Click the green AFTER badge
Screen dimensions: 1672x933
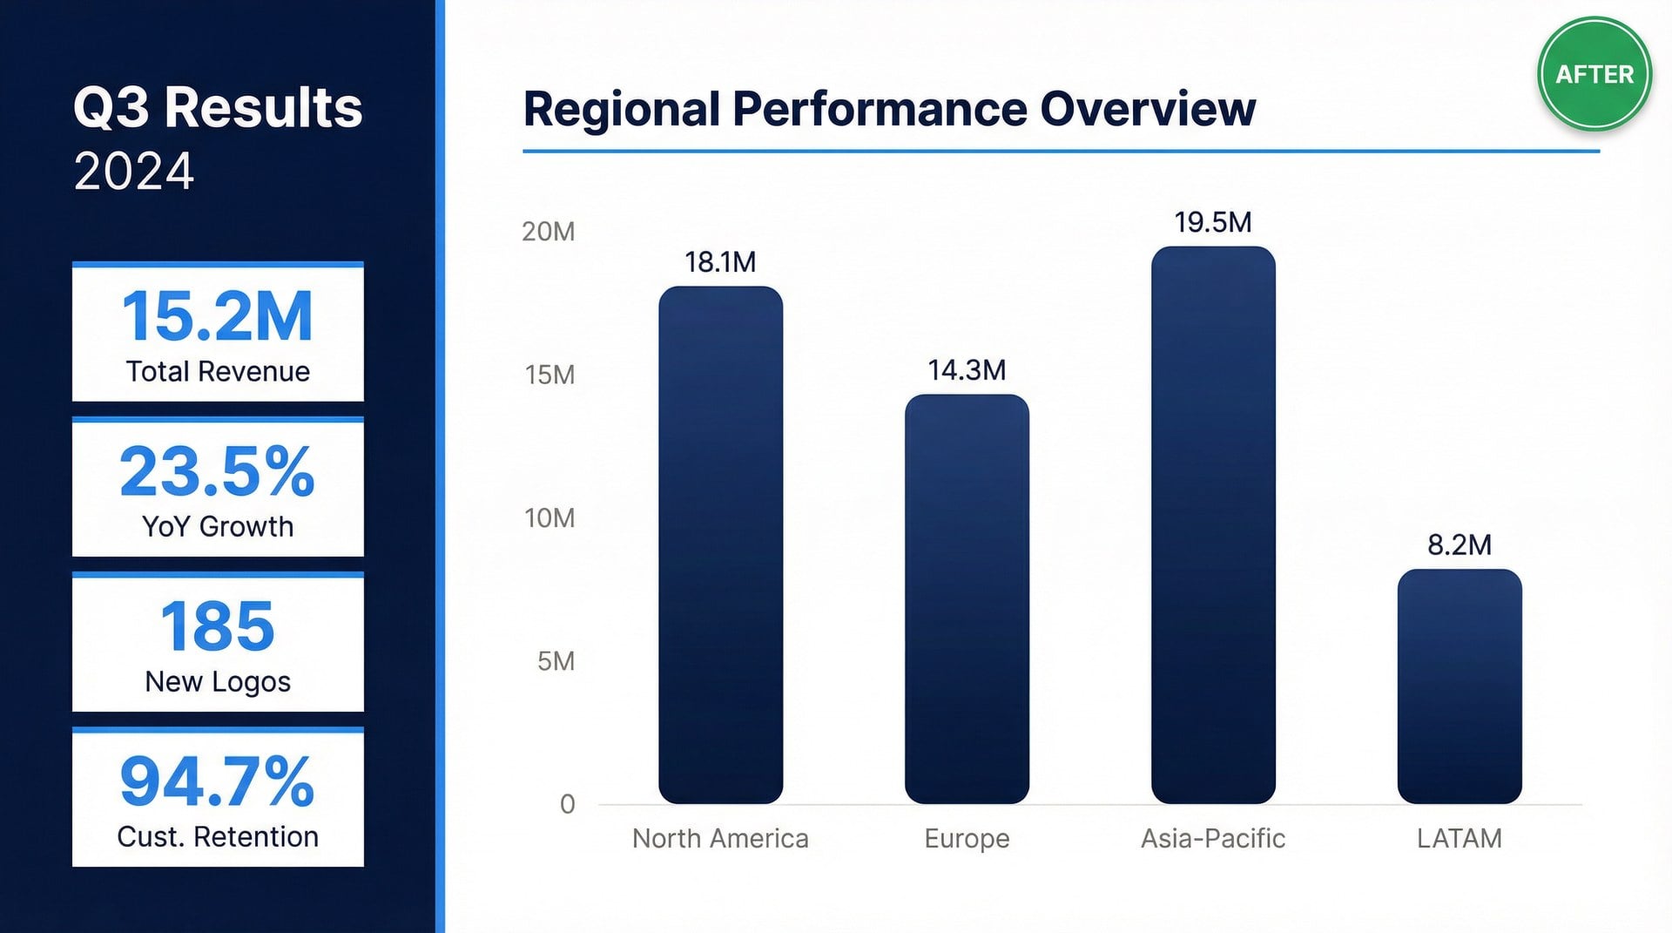pyautogui.click(x=1594, y=74)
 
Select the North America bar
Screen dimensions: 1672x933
pyautogui.click(x=720, y=544)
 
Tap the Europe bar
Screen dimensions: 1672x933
pyautogui.click(x=967, y=598)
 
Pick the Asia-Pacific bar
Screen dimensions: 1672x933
pyautogui.click(x=1213, y=524)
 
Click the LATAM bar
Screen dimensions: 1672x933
pyautogui.click(x=1460, y=686)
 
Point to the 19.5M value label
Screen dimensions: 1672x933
pyautogui.click(x=1213, y=222)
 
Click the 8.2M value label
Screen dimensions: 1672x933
pyautogui.click(x=1460, y=544)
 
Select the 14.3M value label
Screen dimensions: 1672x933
pyautogui.click(x=967, y=370)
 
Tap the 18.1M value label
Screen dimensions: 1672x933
pyautogui.click(x=720, y=261)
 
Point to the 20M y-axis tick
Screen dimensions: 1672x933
pyautogui.click(x=549, y=232)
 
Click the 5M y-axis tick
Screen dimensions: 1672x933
pyautogui.click(x=556, y=661)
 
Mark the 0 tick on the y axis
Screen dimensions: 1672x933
pyautogui.click(x=567, y=804)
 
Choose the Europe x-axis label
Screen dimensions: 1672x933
pyautogui.click(x=967, y=838)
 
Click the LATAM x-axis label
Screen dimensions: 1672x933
pyautogui.click(x=1460, y=838)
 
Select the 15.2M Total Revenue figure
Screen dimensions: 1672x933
pyautogui.click(x=218, y=315)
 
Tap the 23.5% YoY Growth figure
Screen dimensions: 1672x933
pyautogui.click(x=218, y=471)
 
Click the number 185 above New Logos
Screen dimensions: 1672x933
pyautogui.click(x=218, y=626)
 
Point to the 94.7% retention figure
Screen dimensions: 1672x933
pyautogui.click(x=218, y=781)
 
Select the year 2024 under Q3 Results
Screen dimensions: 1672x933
pyautogui.click(x=134, y=171)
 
